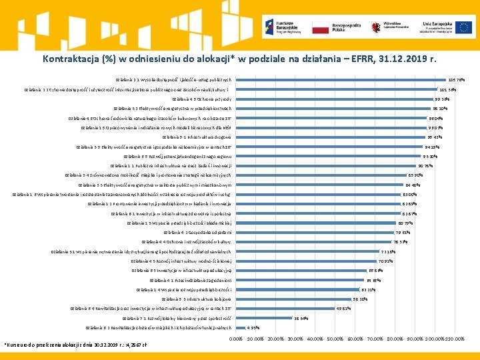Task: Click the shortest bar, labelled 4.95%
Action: (x=241, y=327)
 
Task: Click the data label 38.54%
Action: (x=301, y=318)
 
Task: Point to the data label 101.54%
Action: (x=447, y=89)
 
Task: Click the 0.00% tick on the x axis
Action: (x=236, y=339)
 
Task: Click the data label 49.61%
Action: (x=343, y=309)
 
